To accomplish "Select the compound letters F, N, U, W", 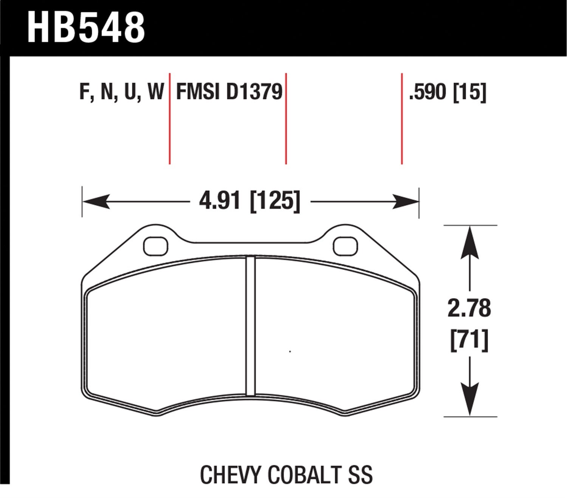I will coord(122,92).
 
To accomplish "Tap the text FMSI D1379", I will coord(229,92).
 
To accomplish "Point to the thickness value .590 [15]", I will coord(448,92).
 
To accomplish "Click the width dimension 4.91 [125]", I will coord(250,201).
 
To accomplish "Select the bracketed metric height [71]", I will coord(469,340).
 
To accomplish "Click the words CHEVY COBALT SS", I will coord(286,475).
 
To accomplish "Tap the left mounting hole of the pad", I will coord(156,246).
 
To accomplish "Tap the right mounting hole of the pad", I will coord(346,246).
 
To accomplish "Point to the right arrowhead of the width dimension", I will coord(406,201).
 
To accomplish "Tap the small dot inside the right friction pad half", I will coord(290,352).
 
